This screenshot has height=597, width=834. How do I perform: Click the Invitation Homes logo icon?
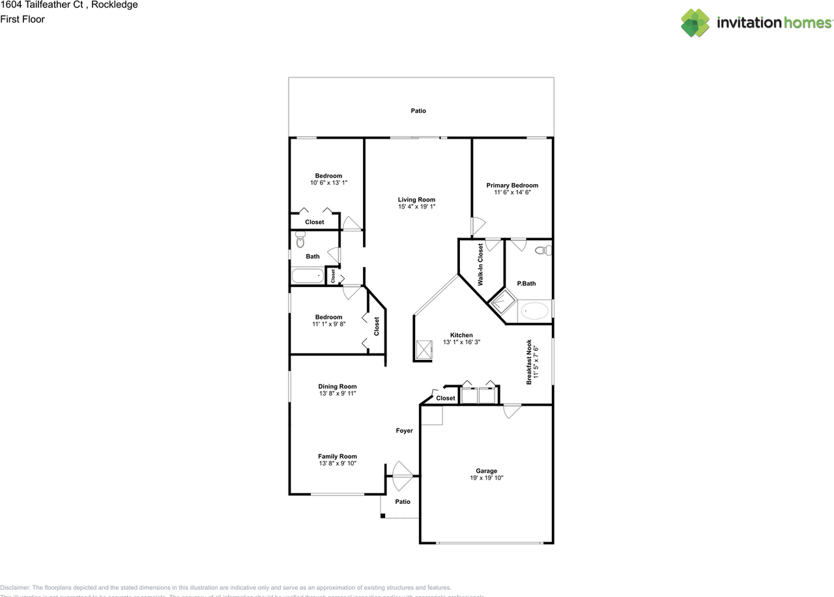pyautogui.click(x=695, y=23)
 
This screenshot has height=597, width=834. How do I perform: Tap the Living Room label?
pyautogui.click(x=416, y=200)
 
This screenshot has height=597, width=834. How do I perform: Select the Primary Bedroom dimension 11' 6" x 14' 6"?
pyautogui.click(x=512, y=193)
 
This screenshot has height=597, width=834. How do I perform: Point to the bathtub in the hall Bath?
pyautogui.click(x=307, y=276)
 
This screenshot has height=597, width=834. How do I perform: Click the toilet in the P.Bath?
pyautogui.click(x=541, y=250)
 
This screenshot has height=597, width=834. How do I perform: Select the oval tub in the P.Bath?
pyautogui.click(x=535, y=311)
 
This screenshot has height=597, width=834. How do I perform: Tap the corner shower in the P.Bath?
pyautogui.click(x=502, y=303)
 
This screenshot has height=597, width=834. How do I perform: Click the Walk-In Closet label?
pyautogui.click(x=481, y=264)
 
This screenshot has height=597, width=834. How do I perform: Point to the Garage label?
pyautogui.click(x=486, y=471)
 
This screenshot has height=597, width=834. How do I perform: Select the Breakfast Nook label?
pyautogui.click(x=529, y=362)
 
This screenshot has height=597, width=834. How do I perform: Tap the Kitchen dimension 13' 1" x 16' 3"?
pyautogui.click(x=461, y=342)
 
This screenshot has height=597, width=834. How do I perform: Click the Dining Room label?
pyautogui.click(x=338, y=387)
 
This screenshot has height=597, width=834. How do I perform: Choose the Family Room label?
pyautogui.click(x=338, y=456)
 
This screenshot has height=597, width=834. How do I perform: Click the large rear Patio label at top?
pyautogui.click(x=418, y=111)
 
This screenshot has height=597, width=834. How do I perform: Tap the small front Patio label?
pyautogui.click(x=403, y=501)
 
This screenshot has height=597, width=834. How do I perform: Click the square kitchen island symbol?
pyautogui.click(x=424, y=350)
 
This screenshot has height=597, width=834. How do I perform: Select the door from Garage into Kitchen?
pyautogui.click(x=512, y=411)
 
